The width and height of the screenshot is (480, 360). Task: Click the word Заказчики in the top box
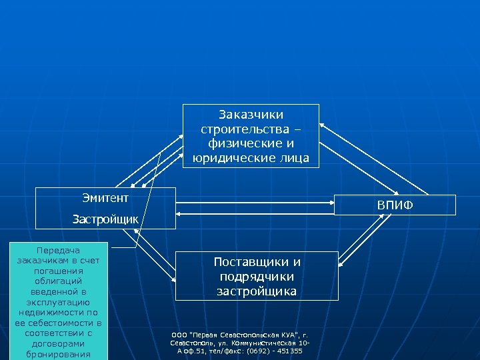[x=251, y=115]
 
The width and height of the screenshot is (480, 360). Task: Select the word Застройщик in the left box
[x=105, y=219]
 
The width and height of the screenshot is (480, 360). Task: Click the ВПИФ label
[x=395, y=205]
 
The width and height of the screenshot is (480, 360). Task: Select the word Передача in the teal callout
[x=56, y=249]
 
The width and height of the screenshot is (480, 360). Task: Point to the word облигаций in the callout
[x=56, y=283]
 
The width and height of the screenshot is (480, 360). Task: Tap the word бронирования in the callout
[x=56, y=354]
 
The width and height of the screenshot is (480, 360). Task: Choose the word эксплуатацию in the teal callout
[x=56, y=302]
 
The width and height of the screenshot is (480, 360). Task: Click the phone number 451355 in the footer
[x=289, y=351]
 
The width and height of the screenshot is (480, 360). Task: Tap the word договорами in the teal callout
[x=56, y=343]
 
